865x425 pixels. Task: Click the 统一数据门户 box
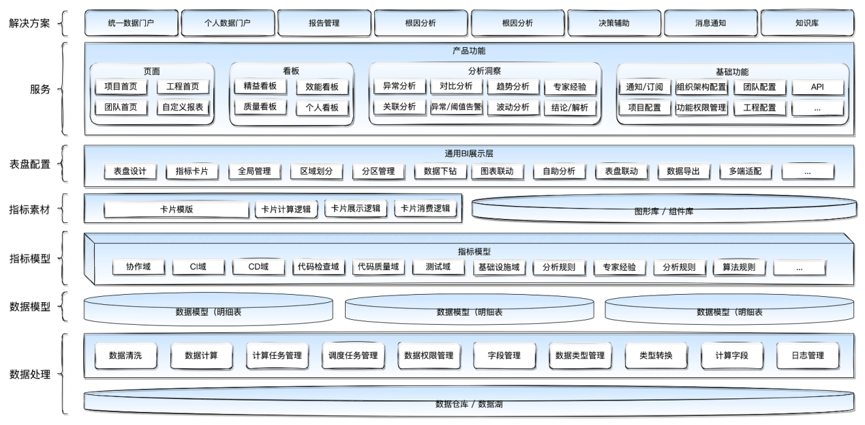tap(132, 23)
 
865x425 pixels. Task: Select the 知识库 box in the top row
tap(807, 23)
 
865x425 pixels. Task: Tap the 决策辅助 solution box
tap(614, 23)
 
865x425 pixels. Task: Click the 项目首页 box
tap(121, 87)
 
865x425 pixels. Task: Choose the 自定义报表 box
tap(183, 107)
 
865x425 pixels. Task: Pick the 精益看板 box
tap(260, 86)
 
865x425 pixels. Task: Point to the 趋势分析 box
tap(513, 87)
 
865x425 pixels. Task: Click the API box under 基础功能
tap(817, 87)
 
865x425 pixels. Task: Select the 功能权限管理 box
tap(701, 108)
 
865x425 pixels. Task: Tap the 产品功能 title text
tap(469, 50)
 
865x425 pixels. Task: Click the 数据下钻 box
tap(440, 171)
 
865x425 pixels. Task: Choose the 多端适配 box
tap(745, 171)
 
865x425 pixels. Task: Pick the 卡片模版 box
tap(177, 209)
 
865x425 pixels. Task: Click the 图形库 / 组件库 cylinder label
tap(664, 211)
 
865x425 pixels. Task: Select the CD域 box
tap(258, 267)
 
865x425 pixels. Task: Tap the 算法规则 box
tap(739, 267)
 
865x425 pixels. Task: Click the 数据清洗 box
tap(125, 355)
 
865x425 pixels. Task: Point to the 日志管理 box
tap(808, 355)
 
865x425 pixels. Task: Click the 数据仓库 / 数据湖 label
tap(469, 404)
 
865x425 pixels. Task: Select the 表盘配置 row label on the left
tap(30, 164)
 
